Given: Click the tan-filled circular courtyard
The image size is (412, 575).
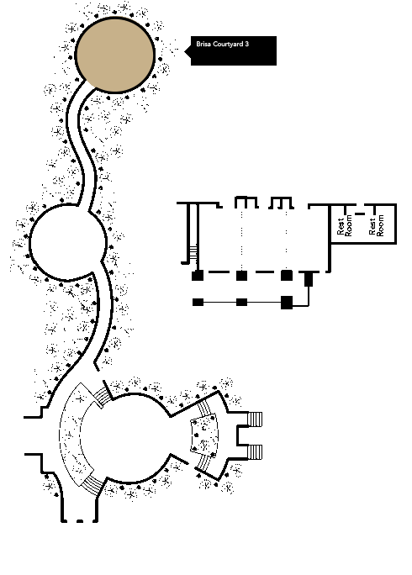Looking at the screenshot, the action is [115, 55].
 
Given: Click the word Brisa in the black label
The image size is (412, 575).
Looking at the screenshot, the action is [203, 44].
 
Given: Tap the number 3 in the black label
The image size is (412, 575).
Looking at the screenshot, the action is [247, 44].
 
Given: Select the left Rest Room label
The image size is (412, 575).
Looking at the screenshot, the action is [344, 225].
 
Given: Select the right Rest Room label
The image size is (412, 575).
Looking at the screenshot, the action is [377, 225].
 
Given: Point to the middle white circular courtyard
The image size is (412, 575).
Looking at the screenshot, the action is [68, 243].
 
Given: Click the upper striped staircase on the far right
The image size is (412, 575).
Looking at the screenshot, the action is [255, 419].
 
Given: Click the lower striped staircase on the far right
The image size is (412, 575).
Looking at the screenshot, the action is [255, 451].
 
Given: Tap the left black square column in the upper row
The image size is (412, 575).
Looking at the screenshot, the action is [198, 276].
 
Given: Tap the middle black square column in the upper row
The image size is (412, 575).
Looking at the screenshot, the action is [241, 276].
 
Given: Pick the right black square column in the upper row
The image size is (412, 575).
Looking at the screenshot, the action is [287, 276].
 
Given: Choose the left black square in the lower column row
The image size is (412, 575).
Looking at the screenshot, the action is [198, 302].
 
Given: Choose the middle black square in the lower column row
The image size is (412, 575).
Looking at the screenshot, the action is [241, 302].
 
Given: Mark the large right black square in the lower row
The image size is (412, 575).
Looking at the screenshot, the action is [287, 303].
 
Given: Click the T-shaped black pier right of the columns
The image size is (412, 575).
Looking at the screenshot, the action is [309, 278].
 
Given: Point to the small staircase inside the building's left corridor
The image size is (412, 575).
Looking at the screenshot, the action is [193, 253].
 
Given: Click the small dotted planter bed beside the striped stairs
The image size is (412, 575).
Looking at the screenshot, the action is [204, 435].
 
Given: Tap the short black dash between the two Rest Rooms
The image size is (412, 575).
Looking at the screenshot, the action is [360, 214].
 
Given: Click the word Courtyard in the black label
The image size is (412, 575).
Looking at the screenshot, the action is [228, 44].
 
